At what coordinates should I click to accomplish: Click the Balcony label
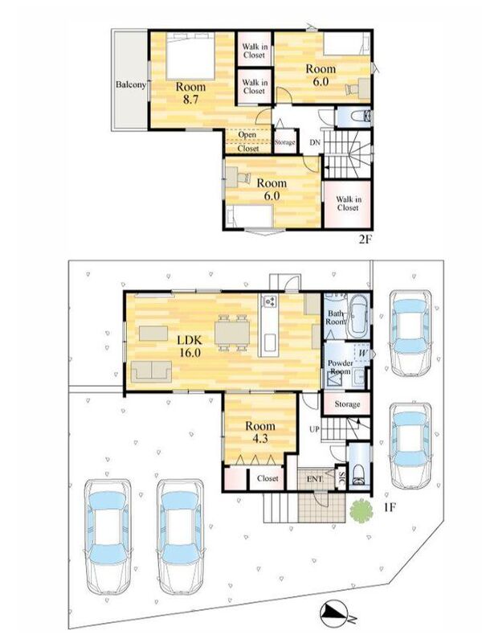coord(131,85)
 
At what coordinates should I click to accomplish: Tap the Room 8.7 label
coord(190,93)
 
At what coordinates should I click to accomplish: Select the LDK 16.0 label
coord(190,346)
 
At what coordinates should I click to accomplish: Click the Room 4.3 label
coord(259,432)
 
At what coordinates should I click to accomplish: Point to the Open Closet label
coord(248,141)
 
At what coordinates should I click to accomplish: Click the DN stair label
coord(315,143)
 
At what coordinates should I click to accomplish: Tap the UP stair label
coord(314,429)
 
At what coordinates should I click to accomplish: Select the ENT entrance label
coord(314,478)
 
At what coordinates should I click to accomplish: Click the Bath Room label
coord(335,317)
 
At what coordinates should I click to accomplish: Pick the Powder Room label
coord(340,367)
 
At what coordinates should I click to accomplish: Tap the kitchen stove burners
coord(269,301)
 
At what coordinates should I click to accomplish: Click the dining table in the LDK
coord(232,332)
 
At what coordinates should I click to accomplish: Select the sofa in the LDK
coord(151,372)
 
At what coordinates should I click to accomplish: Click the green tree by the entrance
coord(361,510)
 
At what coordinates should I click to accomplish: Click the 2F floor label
coord(365,240)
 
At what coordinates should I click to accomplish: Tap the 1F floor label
coord(389,508)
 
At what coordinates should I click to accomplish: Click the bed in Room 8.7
coord(190,56)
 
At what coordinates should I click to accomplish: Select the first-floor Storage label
coord(347,404)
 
